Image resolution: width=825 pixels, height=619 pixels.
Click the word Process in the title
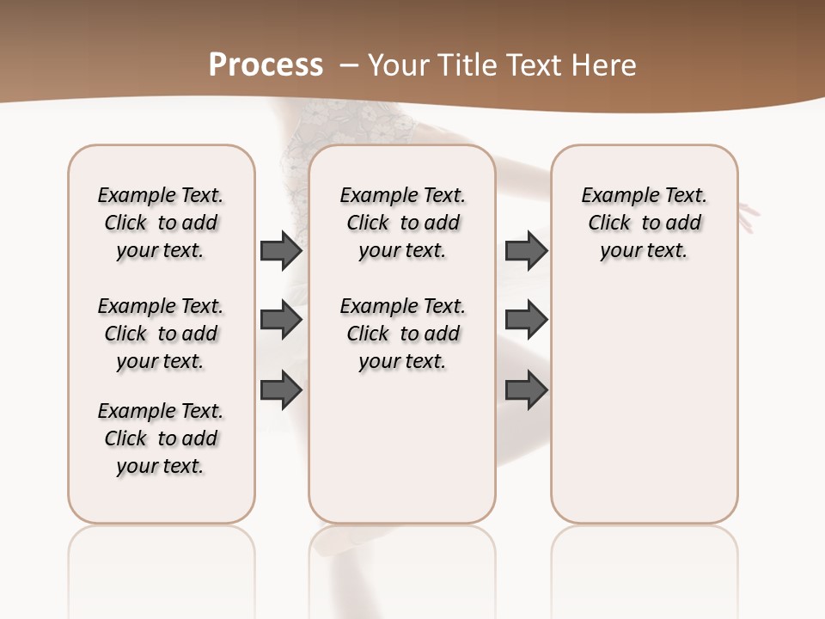pyautogui.click(x=266, y=64)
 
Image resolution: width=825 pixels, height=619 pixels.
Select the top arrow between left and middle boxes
pyautogui.click(x=281, y=250)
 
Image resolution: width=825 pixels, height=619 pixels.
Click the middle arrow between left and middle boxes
pyautogui.click(x=281, y=320)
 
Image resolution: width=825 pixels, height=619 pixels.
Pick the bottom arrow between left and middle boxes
pyautogui.click(x=281, y=389)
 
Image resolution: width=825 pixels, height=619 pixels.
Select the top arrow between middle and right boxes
pyautogui.click(x=526, y=250)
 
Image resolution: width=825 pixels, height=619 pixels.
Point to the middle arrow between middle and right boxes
pyautogui.click(x=526, y=320)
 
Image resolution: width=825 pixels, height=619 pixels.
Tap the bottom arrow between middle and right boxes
pyautogui.click(x=526, y=389)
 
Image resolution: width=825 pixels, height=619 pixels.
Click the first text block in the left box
pyautogui.click(x=161, y=223)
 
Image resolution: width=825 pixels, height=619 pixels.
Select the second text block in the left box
pyautogui.click(x=161, y=334)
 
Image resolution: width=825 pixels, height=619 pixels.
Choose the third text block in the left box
pyautogui.click(x=161, y=438)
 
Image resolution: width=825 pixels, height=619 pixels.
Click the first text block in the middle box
pyautogui.click(x=402, y=223)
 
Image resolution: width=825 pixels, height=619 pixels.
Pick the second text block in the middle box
pyautogui.click(x=402, y=334)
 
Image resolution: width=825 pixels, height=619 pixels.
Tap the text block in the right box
pyautogui.click(x=644, y=223)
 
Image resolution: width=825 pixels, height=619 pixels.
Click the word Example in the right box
pyautogui.click(x=612, y=196)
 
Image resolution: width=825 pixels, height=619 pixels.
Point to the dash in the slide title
pyautogui.click(x=349, y=65)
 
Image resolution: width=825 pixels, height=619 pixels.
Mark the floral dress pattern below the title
pyautogui.click(x=344, y=125)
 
